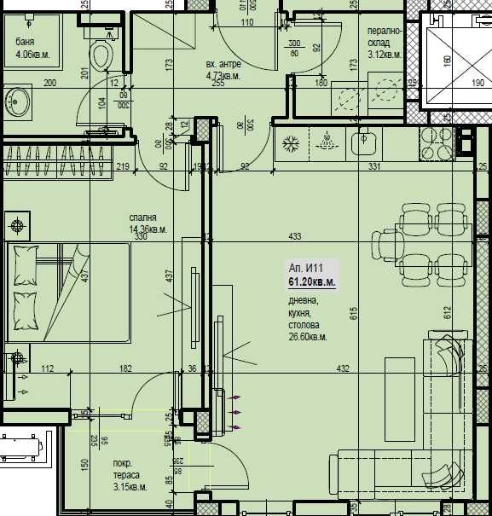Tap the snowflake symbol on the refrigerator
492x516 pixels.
290,141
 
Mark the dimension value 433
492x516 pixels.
295,236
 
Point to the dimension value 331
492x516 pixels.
373,167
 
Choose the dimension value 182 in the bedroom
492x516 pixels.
125,368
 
